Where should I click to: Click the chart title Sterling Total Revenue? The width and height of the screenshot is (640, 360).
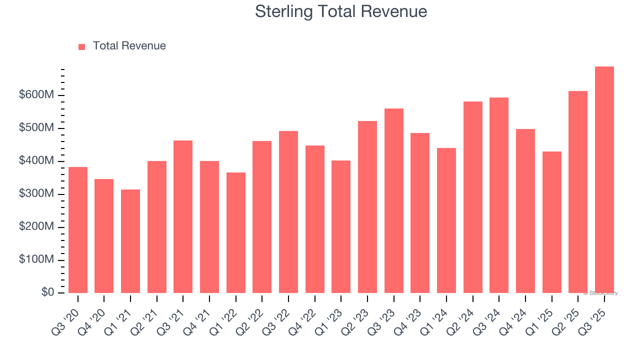[x=341, y=11]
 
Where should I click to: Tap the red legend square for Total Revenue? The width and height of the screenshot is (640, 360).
[x=82, y=46]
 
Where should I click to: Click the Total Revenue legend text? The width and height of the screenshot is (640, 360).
[x=129, y=46]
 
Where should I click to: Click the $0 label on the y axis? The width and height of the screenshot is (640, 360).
[x=47, y=292]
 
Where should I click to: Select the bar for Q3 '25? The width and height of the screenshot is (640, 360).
[x=604, y=180]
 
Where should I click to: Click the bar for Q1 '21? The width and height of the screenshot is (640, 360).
[x=130, y=241]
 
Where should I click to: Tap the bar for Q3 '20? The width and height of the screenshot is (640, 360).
[x=78, y=230]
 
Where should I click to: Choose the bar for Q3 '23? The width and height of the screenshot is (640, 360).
[x=393, y=200]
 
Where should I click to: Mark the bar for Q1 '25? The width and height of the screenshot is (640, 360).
[x=551, y=222]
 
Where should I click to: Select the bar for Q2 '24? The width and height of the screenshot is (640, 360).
[x=472, y=197]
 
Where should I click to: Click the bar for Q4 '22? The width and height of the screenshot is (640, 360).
[x=314, y=219]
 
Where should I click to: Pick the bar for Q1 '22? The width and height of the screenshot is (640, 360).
[x=235, y=232]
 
